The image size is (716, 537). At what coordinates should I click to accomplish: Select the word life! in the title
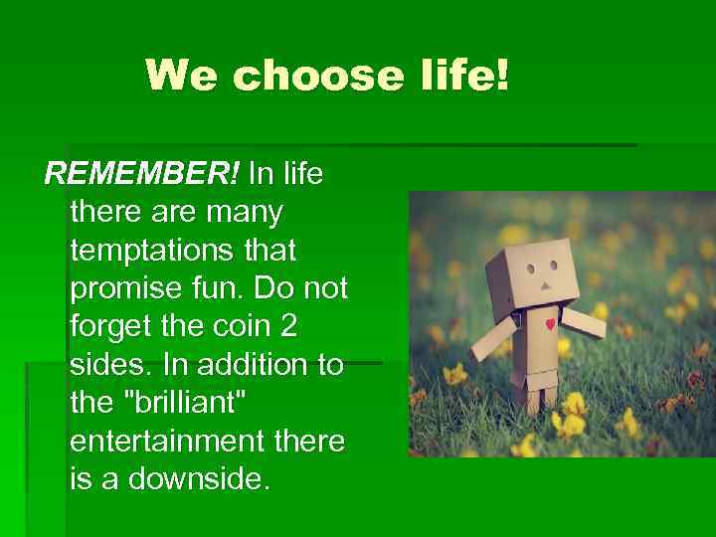coord(459,75)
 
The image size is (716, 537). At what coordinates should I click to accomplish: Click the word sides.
coord(109,364)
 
